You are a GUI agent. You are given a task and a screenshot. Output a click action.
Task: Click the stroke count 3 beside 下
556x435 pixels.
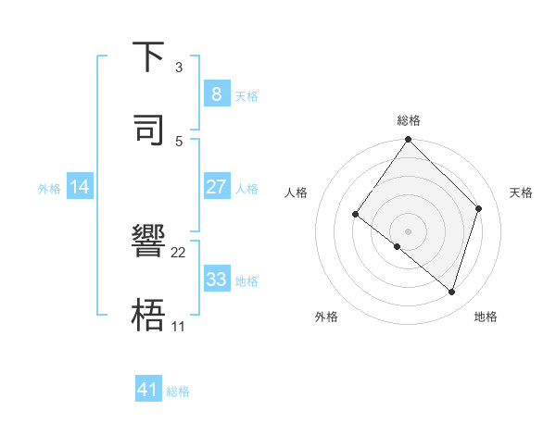click(179, 67)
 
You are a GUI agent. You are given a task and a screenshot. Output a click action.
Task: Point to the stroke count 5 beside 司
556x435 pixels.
click(179, 141)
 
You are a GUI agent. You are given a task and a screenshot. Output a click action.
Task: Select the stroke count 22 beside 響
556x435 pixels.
click(179, 252)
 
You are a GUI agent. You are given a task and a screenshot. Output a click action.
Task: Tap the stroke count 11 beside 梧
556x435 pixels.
click(179, 326)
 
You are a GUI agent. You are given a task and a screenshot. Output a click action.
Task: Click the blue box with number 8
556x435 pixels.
click(216, 93)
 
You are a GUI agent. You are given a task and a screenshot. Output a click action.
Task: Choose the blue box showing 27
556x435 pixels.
click(216, 186)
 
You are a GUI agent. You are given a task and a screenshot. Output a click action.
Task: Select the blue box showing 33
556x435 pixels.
click(216, 279)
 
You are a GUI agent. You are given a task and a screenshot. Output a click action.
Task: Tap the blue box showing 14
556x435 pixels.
click(80, 186)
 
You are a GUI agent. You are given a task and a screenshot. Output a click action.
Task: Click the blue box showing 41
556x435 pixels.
click(148, 390)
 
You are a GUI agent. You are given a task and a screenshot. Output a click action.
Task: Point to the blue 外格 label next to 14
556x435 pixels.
click(49, 188)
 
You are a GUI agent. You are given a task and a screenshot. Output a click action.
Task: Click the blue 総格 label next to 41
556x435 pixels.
click(178, 391)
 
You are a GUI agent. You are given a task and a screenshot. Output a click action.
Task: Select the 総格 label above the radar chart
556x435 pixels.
click(409, 120)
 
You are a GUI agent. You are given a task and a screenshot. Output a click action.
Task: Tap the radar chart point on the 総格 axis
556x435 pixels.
click(409, 140)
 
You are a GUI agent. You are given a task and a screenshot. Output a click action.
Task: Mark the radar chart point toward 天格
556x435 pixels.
click(479, 208)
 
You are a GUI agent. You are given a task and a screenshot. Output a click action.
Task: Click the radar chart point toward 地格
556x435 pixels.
click(452, 292)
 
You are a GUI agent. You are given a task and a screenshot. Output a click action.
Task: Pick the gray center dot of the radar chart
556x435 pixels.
click(409, 230)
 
